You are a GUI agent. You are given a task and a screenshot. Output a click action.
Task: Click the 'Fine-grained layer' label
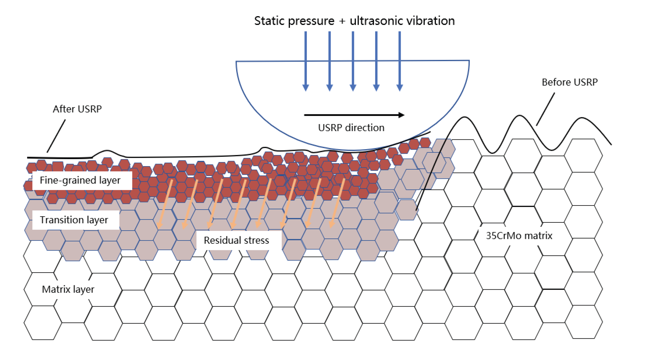80,180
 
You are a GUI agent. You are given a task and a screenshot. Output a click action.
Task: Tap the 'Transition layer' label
74,220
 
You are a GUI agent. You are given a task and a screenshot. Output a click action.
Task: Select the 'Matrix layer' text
68,289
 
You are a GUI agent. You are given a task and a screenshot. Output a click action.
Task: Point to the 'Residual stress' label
236,240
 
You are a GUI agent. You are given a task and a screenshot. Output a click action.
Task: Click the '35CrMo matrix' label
519,235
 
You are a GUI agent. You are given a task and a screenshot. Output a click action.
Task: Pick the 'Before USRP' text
569,82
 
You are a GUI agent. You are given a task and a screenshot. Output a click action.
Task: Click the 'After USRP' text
77,109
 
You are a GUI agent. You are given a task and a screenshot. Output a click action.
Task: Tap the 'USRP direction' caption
351,128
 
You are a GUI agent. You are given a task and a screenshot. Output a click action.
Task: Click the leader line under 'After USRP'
56,136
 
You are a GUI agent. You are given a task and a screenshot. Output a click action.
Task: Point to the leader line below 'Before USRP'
545,109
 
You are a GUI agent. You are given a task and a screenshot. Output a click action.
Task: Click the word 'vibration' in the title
435,21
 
